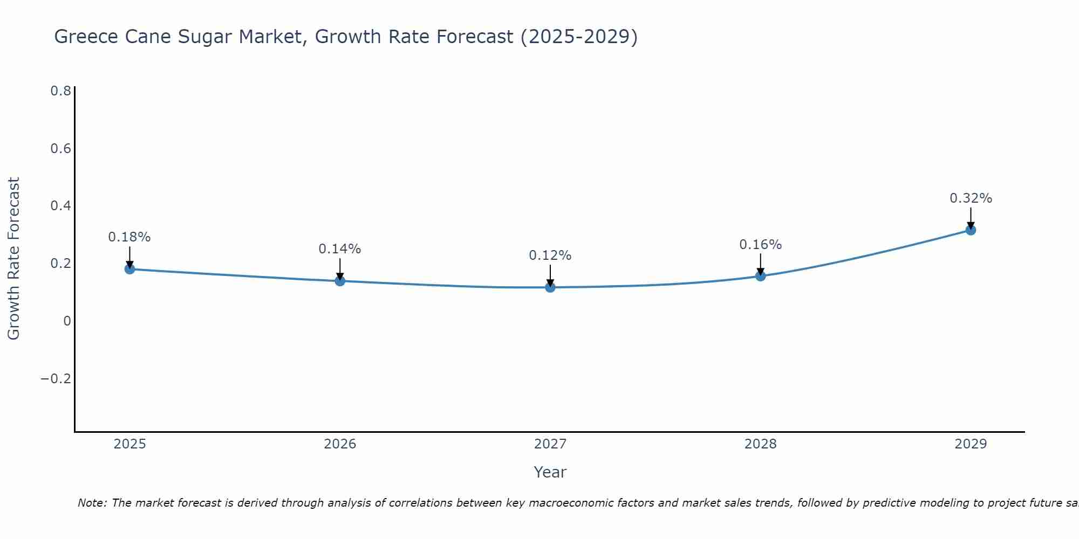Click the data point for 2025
129,268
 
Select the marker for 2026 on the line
340,280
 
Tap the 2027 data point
550,287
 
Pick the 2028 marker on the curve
761,276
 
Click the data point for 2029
971,230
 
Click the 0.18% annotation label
129,237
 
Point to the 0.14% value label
340,249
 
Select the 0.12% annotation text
550,255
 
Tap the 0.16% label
761,245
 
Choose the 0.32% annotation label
971,198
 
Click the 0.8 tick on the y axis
60,91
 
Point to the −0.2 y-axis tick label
56,379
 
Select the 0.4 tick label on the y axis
60,206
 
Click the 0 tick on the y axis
67,321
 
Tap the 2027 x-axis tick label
550,444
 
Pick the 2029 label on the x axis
971,444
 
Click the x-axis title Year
550,472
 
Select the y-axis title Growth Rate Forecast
14,259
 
